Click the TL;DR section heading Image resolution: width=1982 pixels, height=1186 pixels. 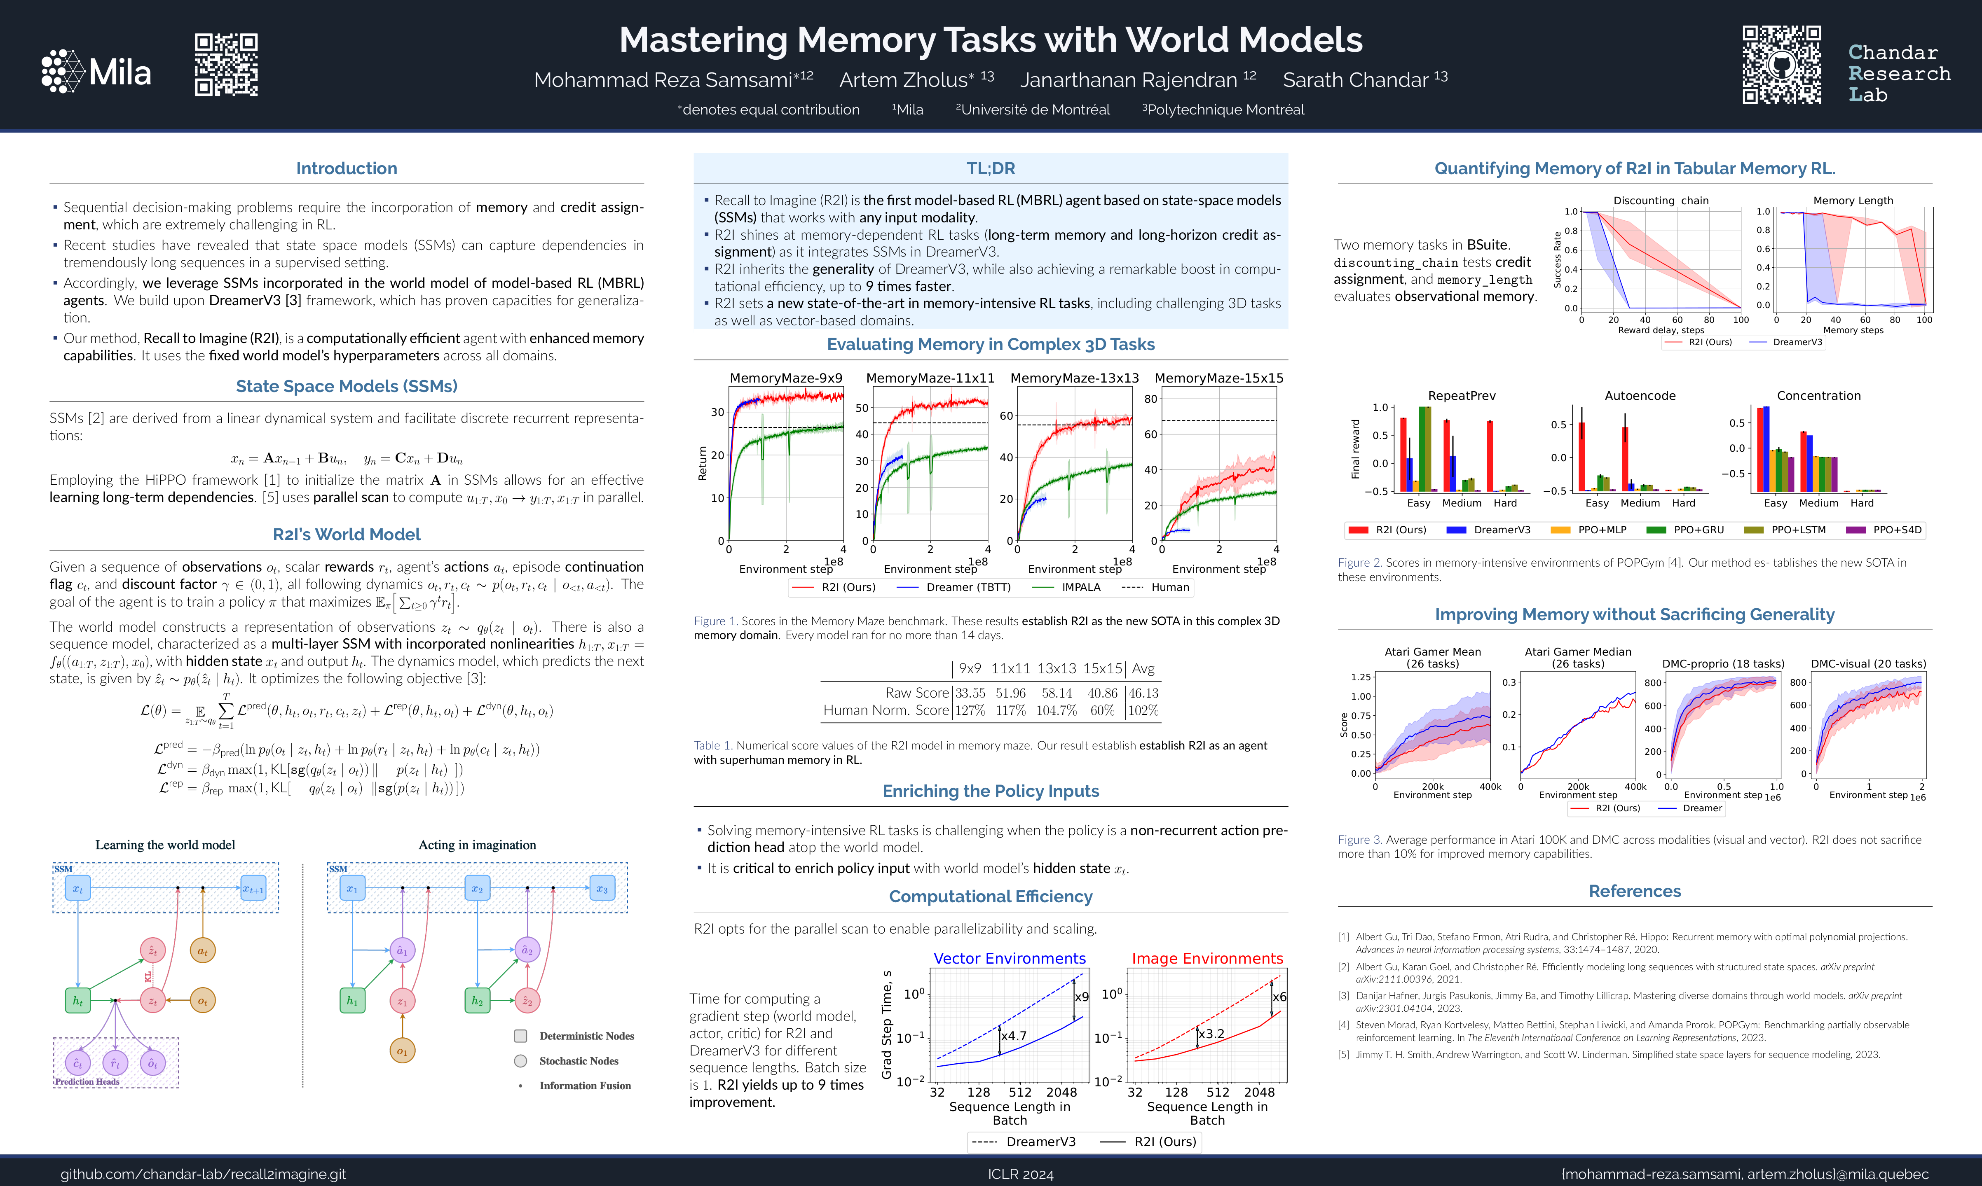(x=991, y=168)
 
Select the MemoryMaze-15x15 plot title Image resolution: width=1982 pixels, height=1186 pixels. (x=1218, y=378)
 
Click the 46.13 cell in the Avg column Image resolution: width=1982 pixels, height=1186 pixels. (x=1143, y=693)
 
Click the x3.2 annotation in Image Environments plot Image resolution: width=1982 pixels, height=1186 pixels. (x=1212, y=1033)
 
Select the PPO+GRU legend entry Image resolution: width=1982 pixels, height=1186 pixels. (x=1698, y=530)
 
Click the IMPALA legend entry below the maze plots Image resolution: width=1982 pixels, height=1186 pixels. (x=1081, y=587)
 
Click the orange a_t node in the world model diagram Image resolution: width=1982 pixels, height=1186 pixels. (x=202, y=951)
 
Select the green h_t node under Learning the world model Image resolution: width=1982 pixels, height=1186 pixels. (x=77, y=1001)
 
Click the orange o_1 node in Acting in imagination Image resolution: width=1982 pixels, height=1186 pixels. (x=402, y=1051)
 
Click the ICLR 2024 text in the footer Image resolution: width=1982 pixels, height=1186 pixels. (x=1020, y=1174)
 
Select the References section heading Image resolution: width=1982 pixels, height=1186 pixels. (x=1634, y=891)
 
